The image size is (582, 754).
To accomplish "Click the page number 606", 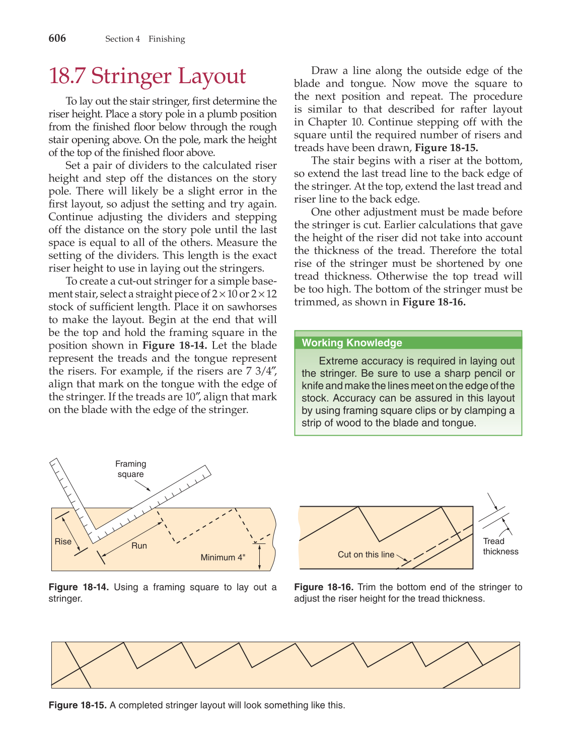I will click(x=57, y=38).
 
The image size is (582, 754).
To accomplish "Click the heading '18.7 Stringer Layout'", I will click(x=147, y=76).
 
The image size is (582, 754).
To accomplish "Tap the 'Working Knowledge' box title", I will click(x=351, y=343).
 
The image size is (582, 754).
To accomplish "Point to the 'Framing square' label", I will click(x=130, y=469).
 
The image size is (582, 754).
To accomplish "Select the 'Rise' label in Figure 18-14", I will click(x=63, y=541).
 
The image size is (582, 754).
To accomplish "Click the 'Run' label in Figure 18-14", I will click(x=139, y=545).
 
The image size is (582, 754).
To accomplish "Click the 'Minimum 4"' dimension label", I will click(x=223, y=558).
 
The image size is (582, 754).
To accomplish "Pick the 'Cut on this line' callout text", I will click(x=366, y=555).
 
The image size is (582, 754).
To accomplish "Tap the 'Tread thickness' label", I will click(x=500, y=546).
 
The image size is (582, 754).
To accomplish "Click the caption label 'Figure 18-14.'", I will click(x=78, y=587).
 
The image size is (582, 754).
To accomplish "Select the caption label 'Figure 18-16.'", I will click(x=324, y=587).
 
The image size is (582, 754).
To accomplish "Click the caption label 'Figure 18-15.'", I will click(x=78, y=705).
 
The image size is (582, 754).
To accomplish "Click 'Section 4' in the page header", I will click(x=122, y=39).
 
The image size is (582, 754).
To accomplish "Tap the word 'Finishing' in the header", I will click(x=167, y=39).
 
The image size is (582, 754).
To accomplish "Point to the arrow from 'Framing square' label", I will click(x=141, y=486).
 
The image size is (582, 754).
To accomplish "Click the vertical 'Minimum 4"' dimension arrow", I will click(x=259, y=557).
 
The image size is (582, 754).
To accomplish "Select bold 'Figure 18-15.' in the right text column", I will click(x=446, y=148).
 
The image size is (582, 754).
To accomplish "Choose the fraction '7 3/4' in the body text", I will click(x=261, y=371).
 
